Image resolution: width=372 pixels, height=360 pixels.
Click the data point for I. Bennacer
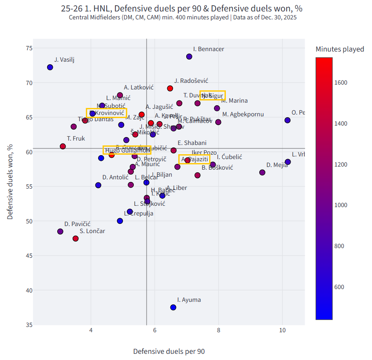tap(189, 56)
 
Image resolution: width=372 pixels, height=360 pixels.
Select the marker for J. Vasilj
tap(50, 67)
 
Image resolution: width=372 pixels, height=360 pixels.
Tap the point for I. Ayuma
tap(173, 307)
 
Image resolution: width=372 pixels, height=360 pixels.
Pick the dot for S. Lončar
tap(76, 238)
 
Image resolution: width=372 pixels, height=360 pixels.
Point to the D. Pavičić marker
tap(60, 231)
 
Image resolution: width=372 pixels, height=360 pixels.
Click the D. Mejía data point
tap(262, 172)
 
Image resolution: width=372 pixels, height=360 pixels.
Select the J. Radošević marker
tap(170, 88)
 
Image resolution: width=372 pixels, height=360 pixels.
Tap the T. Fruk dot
tap(63, 146)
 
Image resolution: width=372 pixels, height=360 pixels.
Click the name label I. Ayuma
tap(189, 300)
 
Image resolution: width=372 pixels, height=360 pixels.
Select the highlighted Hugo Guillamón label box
tap(127, 150)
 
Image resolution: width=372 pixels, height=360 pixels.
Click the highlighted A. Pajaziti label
tap(194, 159)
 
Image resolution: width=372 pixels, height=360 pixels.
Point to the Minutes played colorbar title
tap(340, 49)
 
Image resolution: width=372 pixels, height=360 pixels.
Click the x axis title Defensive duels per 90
tap(169, 351)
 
